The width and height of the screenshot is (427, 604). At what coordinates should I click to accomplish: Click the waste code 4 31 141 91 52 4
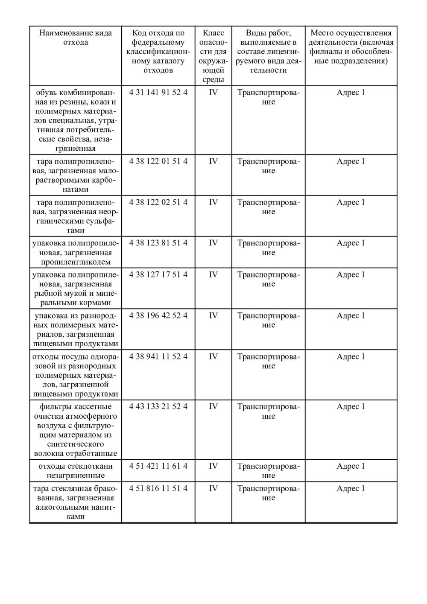(158, 93)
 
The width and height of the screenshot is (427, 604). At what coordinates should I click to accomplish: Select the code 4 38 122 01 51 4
(158, 161)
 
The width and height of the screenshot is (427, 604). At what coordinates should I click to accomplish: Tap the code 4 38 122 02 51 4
(158, 202)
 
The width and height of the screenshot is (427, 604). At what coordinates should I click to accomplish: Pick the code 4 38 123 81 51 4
(158, 243)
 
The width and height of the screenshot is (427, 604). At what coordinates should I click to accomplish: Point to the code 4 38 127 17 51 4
(158, 274)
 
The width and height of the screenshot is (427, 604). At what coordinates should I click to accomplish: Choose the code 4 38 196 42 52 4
(158, 315)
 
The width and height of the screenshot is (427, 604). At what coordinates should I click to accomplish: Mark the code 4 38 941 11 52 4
(158, 356)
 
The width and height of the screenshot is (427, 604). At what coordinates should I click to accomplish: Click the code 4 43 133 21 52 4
(158, 406)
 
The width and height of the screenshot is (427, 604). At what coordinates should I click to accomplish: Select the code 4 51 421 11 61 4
(158, 466)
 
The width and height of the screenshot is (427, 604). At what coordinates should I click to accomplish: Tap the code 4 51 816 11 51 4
(158, 488)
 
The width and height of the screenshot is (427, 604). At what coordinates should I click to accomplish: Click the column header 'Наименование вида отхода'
(76, 38)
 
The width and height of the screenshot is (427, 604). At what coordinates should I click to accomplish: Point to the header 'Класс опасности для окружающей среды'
(213, 56)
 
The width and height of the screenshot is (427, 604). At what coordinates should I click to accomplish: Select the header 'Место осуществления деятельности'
(351, 47)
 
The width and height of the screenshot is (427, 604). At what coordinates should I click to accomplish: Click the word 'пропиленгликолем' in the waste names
(76, 262)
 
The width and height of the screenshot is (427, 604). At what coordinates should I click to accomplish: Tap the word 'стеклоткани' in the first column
(92, 466)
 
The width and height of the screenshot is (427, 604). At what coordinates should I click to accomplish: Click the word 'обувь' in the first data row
(47, 93)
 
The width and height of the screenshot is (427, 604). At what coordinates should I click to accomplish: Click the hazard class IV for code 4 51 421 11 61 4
(213, 466)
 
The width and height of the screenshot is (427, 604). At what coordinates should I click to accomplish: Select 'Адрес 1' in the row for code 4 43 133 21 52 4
(351, 406)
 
